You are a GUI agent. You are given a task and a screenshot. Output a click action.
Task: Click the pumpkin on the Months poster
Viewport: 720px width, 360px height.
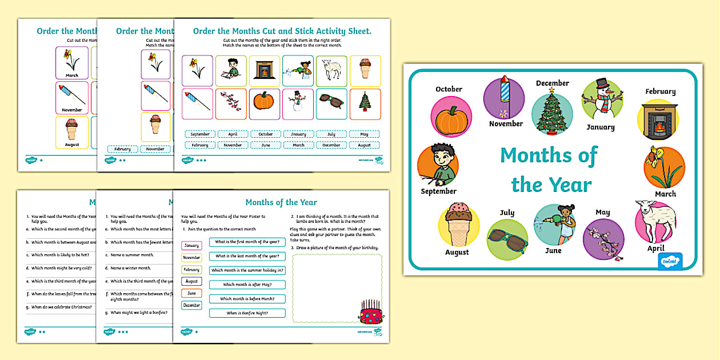(452, 121)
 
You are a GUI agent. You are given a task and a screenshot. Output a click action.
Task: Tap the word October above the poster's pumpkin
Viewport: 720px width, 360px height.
(449, 89)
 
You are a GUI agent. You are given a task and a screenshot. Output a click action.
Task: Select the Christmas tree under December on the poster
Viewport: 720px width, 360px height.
(552, 112)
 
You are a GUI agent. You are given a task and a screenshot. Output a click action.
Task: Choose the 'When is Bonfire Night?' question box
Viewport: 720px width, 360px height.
(247, 313)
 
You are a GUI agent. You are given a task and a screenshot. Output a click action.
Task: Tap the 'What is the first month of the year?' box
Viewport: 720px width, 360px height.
(247, 242)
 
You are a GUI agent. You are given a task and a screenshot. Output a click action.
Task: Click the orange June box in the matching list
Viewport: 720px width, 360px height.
(191, 293)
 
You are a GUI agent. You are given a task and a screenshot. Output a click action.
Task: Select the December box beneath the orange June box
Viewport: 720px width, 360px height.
(191, 305)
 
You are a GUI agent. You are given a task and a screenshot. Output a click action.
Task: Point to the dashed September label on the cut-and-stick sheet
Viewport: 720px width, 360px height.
(200, 134)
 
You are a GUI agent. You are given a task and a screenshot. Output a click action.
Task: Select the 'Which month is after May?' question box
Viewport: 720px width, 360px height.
(247, 285)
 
